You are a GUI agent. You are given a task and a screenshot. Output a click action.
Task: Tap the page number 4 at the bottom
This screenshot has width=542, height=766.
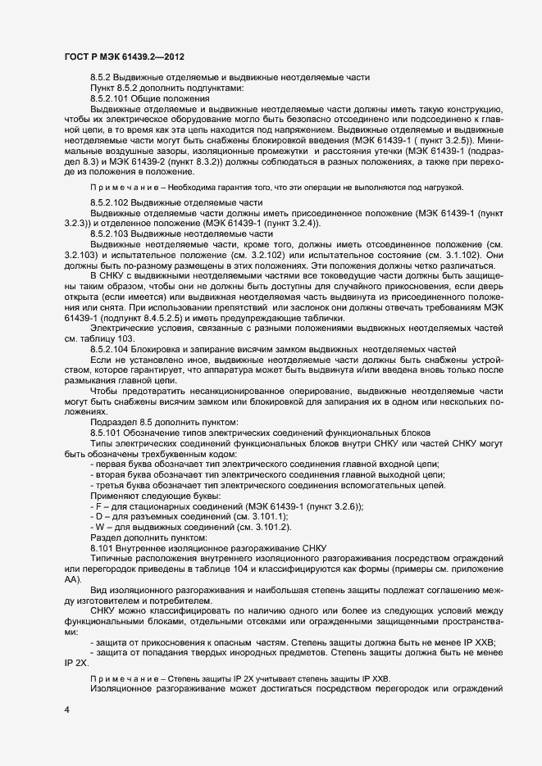click(x=66, y=710)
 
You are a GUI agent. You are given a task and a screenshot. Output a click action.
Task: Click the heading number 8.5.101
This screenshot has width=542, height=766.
click(x=106, y=431)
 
